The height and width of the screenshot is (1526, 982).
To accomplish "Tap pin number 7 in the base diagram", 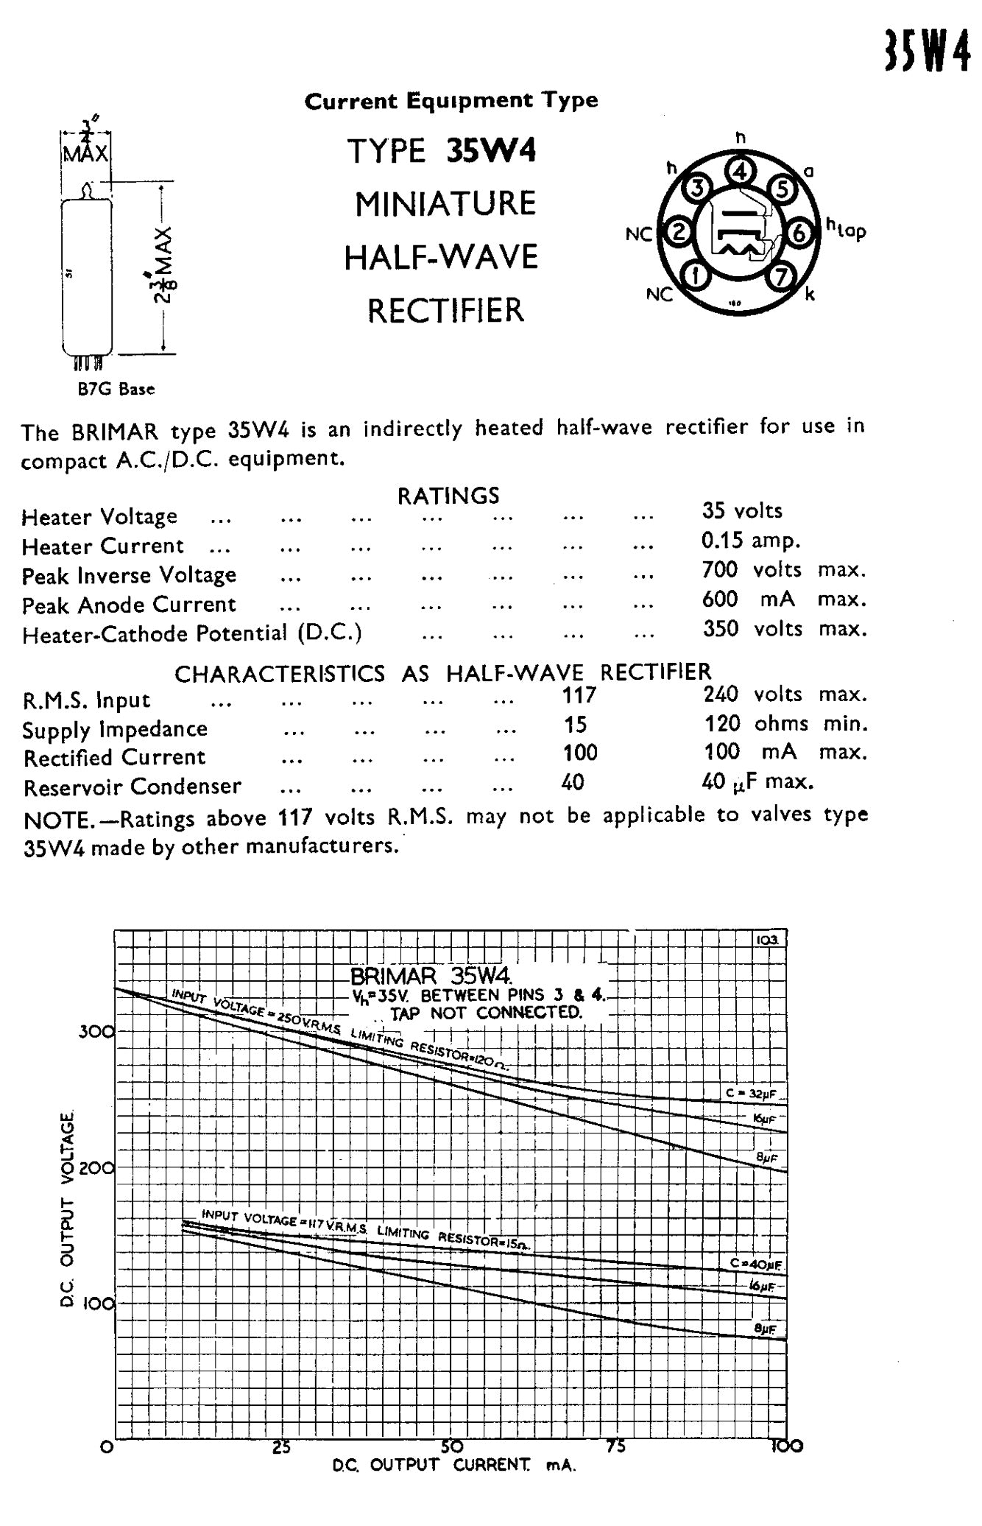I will point(782,276).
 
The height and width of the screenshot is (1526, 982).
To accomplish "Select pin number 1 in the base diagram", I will point(696,276).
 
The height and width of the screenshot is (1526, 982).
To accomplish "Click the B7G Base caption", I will point(116,388).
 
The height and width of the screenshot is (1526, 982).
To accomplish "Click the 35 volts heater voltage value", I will point(742,510).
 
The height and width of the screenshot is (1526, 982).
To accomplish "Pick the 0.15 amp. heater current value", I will point(750,541).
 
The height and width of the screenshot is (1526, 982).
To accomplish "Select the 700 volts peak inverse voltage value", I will point(783,569).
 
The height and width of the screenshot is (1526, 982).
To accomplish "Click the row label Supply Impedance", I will point(115,729).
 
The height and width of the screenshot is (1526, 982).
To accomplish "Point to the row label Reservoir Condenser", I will point(133,787).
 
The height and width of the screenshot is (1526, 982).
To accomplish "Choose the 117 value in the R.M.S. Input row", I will point(579,695).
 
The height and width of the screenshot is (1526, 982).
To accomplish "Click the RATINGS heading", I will point(448,496).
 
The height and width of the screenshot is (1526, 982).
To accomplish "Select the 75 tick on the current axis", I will point(616,1446).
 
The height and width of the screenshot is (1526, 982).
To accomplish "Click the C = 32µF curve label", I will point(751,1094).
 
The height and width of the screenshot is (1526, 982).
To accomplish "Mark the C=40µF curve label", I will point(756,1265).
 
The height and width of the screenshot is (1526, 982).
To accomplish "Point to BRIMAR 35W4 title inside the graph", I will point(431,977).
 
